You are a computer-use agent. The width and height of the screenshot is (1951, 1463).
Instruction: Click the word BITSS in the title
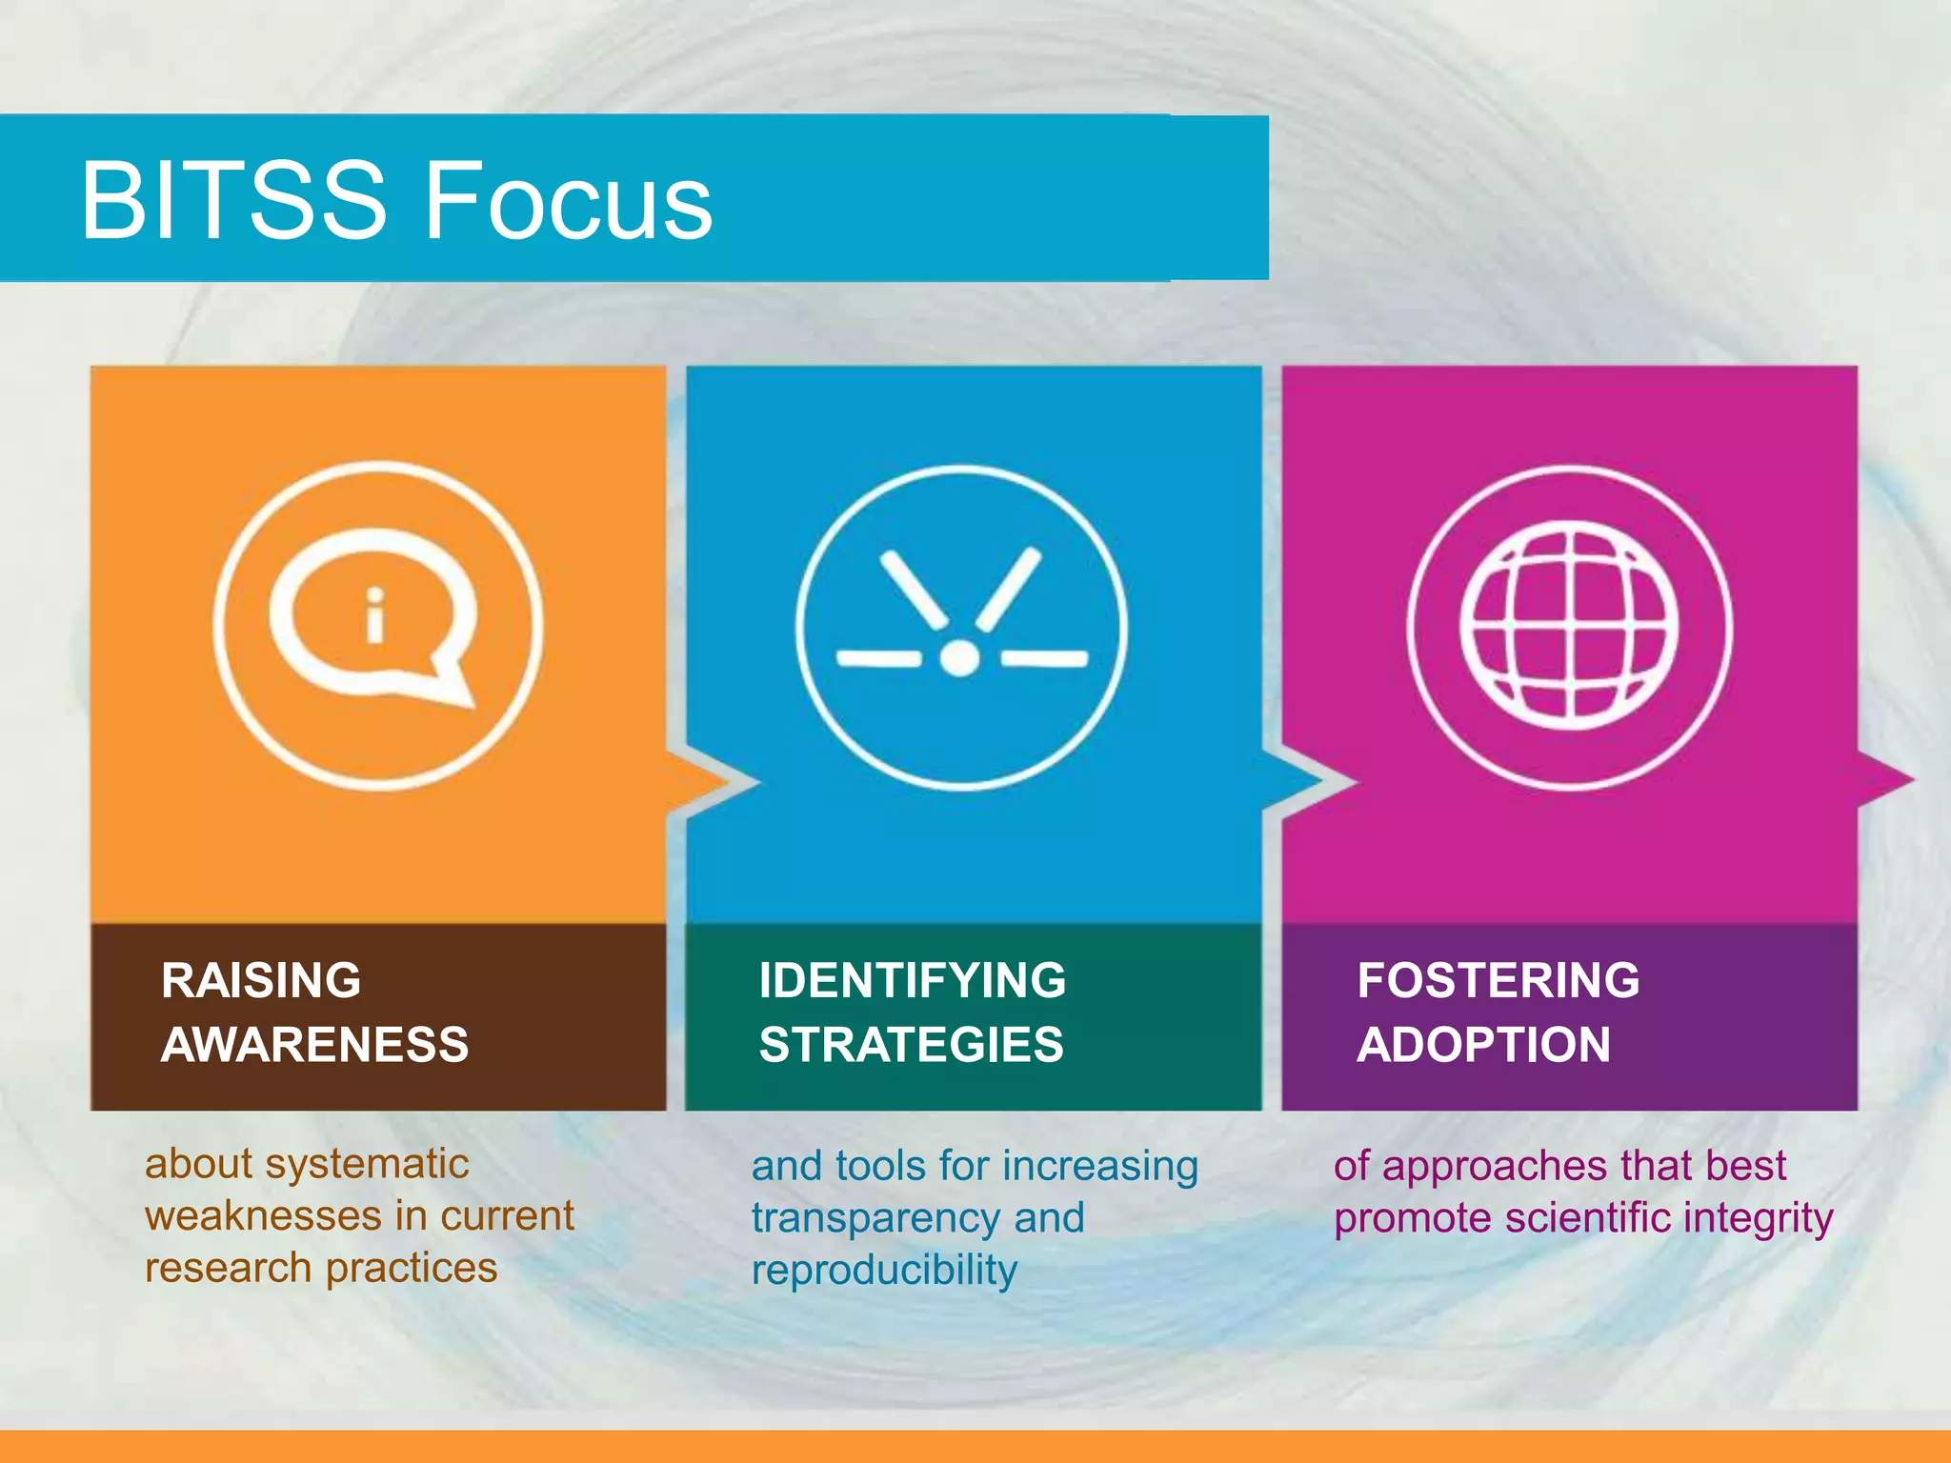coord(233,200)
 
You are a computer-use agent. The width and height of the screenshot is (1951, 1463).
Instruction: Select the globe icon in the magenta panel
coord(1569,626)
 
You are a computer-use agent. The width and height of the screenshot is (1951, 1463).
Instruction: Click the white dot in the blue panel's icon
coord(959,658)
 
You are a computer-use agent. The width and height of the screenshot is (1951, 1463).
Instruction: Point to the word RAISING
coord(261,980)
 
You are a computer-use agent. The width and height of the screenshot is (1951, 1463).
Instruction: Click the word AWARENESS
coord(314,1045)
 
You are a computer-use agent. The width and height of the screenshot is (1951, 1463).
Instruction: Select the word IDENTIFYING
coord(912,980)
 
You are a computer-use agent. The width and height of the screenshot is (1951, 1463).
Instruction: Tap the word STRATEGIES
coord(911,1045)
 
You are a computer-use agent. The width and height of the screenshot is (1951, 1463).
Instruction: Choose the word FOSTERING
coord(1498,980)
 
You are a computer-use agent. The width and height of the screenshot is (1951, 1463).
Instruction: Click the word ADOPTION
coord(1483,1045)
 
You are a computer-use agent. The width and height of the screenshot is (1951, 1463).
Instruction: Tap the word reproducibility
coord(884,1271)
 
